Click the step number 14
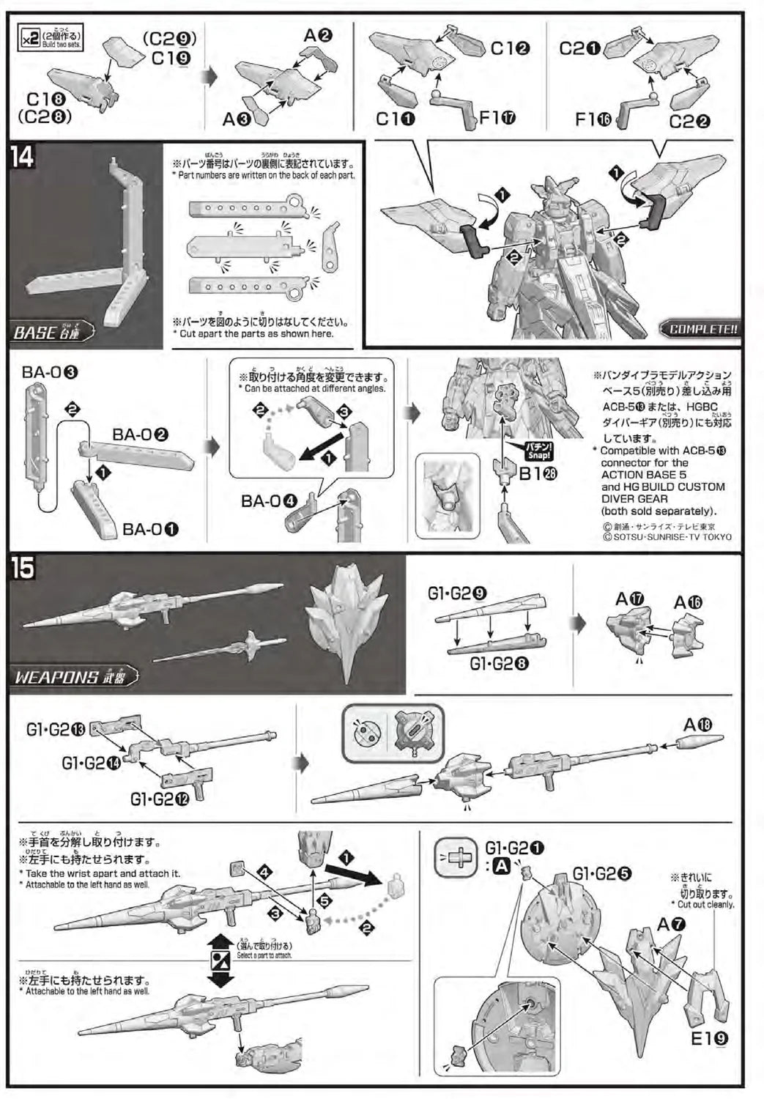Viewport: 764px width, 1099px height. [23, 156]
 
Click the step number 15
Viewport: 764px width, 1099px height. [23, 568]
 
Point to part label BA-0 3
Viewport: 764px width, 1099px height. [50, 371]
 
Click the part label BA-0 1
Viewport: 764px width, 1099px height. [151, 529]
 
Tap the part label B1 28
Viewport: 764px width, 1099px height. [538, 474]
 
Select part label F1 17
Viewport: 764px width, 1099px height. [498, 117]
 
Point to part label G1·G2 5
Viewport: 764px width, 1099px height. [601, 873]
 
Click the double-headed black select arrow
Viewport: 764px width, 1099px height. [220, 959]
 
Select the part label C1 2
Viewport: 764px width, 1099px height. [511, 48]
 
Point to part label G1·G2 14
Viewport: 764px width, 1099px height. [92, 763]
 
